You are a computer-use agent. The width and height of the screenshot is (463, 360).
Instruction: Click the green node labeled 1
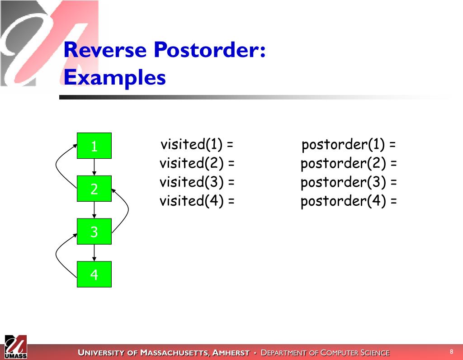coord(94,146)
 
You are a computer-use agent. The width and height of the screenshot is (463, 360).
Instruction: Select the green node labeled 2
coord(94,189)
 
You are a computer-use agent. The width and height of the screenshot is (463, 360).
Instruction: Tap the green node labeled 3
coord(94,232)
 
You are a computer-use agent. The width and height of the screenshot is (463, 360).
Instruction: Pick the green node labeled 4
coord(94,274)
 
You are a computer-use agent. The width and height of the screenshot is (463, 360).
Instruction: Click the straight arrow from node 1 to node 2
coord(94,167)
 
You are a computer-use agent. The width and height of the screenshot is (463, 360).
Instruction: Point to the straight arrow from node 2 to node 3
coord(94,210)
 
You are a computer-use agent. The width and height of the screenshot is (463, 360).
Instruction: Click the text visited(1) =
coord(197,145)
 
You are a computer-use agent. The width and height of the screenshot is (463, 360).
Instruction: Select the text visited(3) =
coord(197,182)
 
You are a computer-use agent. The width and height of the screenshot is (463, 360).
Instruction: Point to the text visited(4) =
coord(197,201)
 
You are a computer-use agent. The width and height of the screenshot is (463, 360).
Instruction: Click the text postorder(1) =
coord(349,145)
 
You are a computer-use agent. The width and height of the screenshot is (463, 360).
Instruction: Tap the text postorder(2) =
coord(349,164)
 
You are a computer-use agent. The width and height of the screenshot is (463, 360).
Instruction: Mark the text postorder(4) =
coord(349,201)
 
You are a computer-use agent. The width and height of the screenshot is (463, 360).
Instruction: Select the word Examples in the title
coord(114,77)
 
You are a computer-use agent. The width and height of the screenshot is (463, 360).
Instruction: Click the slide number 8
coord(451,352)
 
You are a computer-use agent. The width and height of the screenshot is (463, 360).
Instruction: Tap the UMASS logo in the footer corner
coord(16,347)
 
